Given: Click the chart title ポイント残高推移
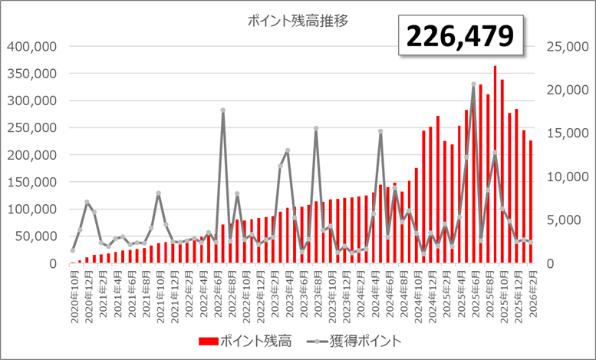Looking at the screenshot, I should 298,21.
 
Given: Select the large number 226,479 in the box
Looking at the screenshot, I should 459,35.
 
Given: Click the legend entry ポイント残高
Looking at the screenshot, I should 241,339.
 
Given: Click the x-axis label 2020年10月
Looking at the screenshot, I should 74,295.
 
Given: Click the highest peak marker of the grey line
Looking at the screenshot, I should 473,84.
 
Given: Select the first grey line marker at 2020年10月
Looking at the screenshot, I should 73,250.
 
